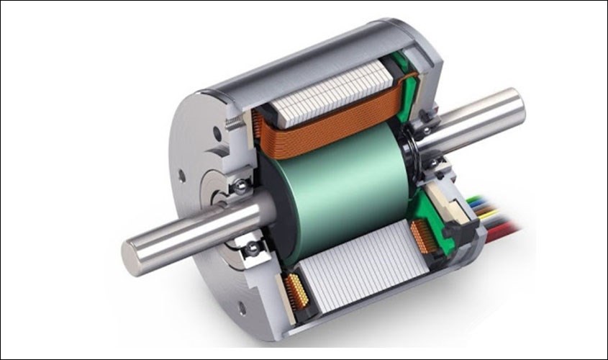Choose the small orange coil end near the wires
(x=424, y=238)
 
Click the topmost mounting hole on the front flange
(x=217, y=132)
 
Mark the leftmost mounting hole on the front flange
(x=181, y=175)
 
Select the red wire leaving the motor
(x=503, y=229)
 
